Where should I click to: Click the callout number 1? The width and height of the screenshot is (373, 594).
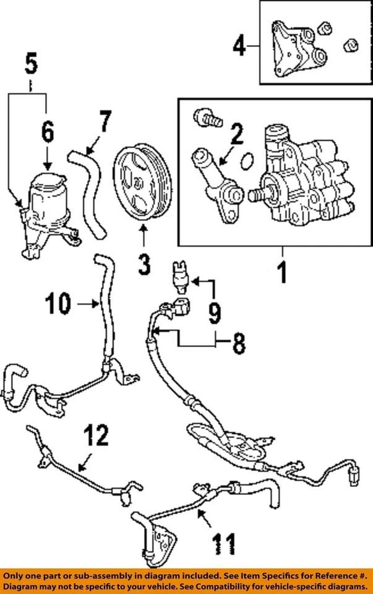coord(281,272)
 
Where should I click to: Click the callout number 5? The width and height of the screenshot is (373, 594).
coord(31,63)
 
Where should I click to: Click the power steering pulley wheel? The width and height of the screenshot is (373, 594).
coord(142,180)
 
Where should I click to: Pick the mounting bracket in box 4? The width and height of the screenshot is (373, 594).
coord(291,53)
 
